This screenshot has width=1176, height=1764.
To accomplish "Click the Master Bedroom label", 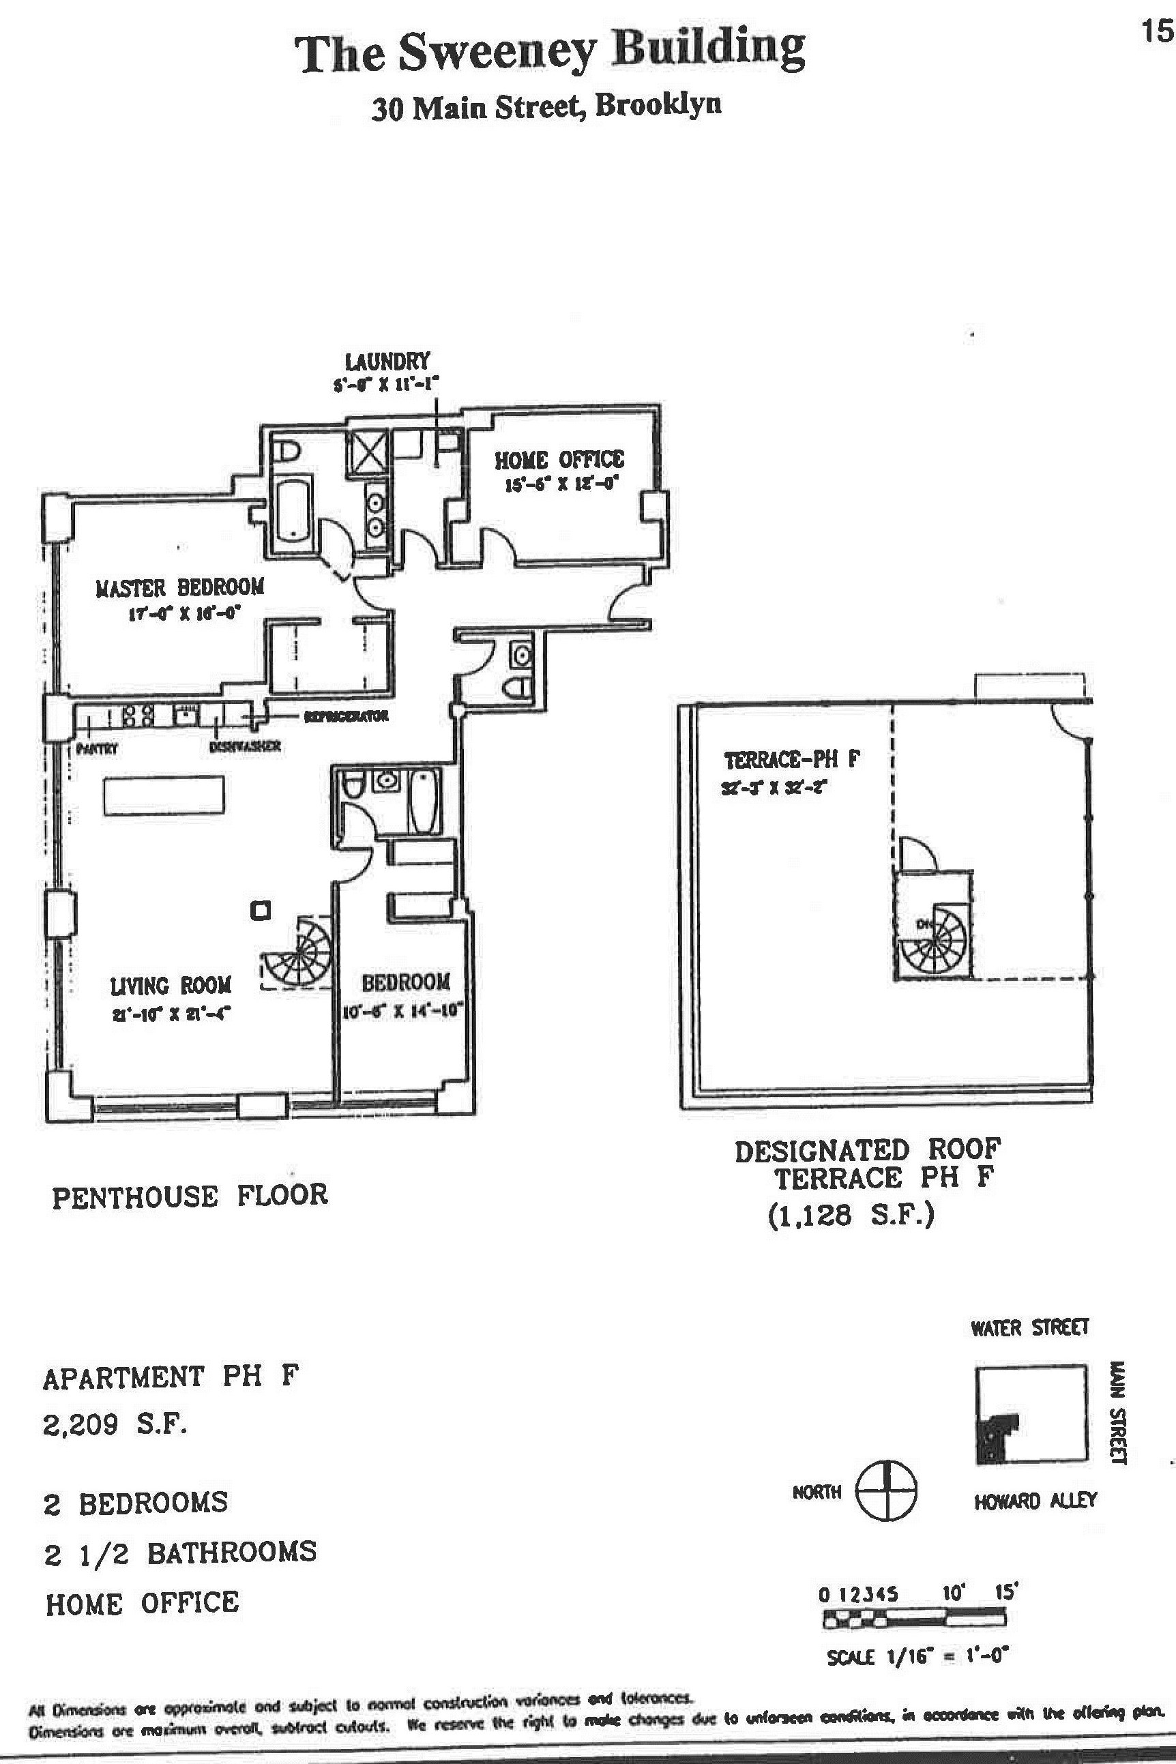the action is click(x=180, y=587).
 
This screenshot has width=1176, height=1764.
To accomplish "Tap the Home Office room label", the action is click(x=559, y=460).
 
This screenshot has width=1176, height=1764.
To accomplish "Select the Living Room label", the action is click(x=171, y=986).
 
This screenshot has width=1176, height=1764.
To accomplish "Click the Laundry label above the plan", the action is click(x=387, y=362).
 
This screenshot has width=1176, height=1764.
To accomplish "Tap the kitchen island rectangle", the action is click(x=164, y=796).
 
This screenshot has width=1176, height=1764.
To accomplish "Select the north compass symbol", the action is click(x=887, y=1490).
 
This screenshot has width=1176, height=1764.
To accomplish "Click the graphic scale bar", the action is click(x=913, y=1620).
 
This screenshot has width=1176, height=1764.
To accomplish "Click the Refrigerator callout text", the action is click(x=346, y=716).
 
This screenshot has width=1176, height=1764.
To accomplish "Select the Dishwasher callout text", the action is click(x=246, y=746).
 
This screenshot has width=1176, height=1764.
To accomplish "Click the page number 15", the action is click(x=1156, y=32).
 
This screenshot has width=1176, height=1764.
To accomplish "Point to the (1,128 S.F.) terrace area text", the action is click(x=851, y=1214).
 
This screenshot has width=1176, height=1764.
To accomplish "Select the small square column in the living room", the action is click(x=261, y=911).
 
